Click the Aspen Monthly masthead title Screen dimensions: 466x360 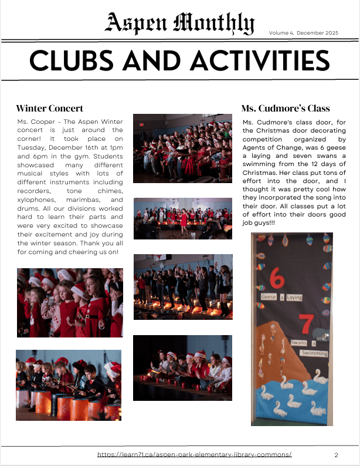point(180,23)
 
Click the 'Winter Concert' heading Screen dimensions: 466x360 point(50,108)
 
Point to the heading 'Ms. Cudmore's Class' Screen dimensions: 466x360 point(286,108)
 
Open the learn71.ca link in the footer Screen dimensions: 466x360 point(194,454)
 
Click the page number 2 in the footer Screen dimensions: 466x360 point(336,455)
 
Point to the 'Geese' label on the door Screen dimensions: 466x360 point(269,298)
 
